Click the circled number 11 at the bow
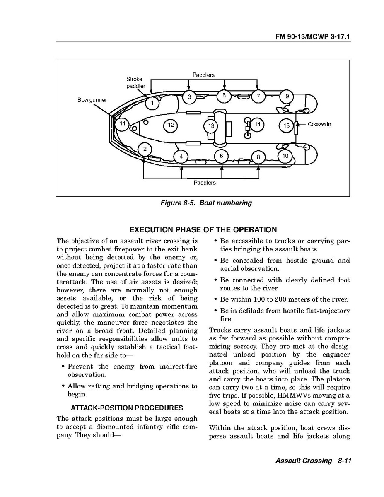coord(123,124)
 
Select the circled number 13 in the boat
coord(211,125)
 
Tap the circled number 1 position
coord(152,102)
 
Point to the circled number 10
coord(285,156)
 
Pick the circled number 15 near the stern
coord(286,125)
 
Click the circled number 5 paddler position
coord(224,96)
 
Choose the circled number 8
coord(258,157)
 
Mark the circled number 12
coord(170,125)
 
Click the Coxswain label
coord(319,124)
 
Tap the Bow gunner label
coord(92,100)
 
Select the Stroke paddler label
coord(135,82)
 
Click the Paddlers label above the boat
coord(203,75)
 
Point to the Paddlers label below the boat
coord(205,182)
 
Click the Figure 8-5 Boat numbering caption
coord(206,203)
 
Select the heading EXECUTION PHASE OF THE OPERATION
coord(203,230)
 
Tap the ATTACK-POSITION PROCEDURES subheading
coord(127,408)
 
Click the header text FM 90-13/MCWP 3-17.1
coord(313,37)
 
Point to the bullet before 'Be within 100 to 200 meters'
coord(215,299)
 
